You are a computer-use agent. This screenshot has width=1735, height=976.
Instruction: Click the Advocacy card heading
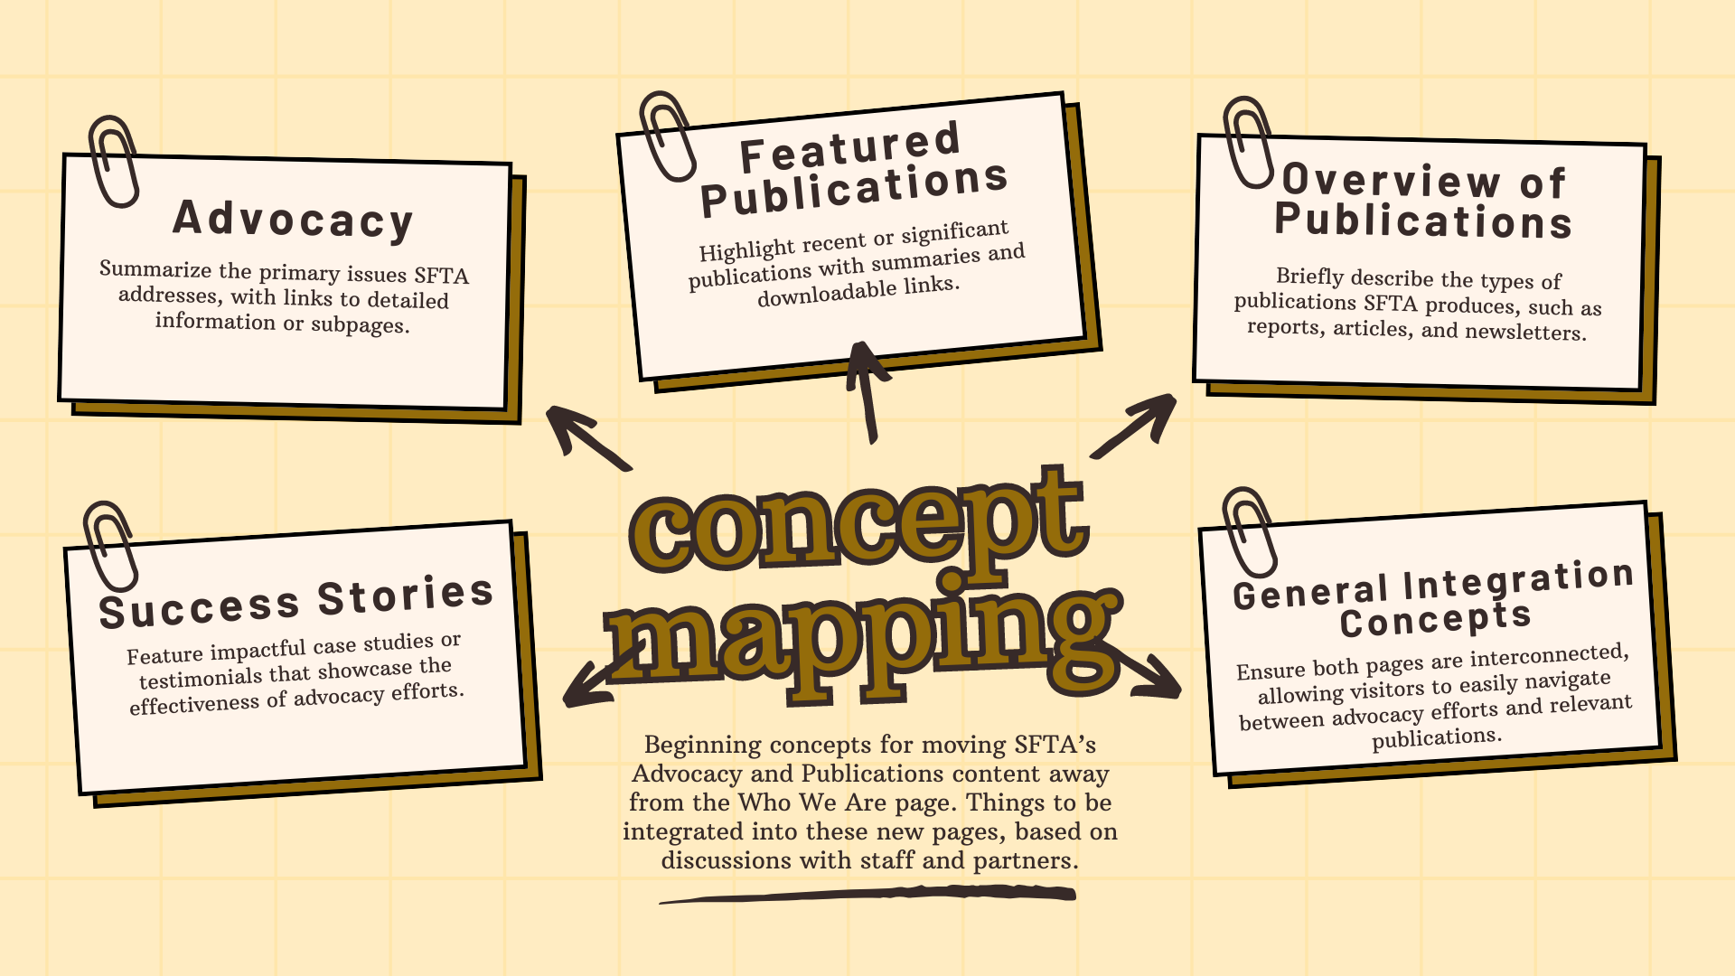point(293,220)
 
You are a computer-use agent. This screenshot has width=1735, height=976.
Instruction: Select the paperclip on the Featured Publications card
point(667,136)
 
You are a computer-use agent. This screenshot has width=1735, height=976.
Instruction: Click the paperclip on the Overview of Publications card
point(1249,143)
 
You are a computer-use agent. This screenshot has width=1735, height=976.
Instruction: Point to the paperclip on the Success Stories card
point(110,547)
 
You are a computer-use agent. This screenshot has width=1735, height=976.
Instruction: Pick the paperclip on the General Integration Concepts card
point(1250,531)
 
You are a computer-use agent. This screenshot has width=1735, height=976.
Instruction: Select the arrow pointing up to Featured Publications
point(867,391)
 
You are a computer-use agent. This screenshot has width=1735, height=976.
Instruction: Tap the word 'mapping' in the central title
point(863,637)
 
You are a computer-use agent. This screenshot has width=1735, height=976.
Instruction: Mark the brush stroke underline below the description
point(867,895)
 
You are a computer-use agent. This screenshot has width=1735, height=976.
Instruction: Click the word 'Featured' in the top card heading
point(849,147)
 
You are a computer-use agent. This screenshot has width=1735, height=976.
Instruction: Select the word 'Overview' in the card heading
point(1392,180)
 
